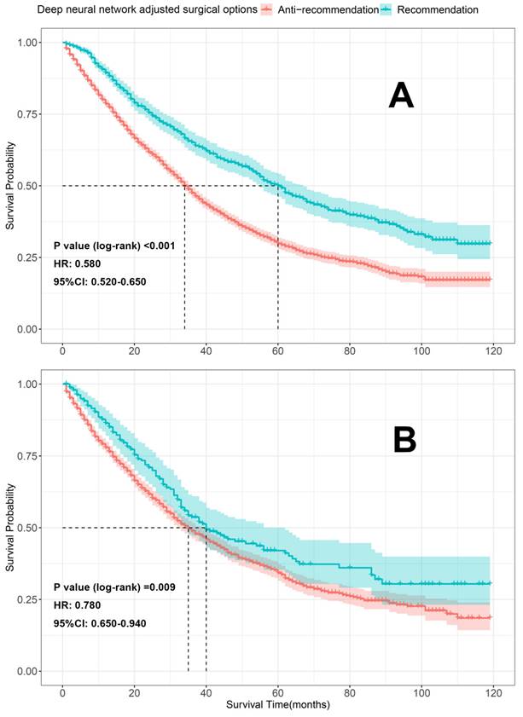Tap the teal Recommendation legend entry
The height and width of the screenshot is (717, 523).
439,9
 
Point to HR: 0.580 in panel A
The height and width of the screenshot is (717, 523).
81,263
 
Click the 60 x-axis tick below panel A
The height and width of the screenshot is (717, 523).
278,349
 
